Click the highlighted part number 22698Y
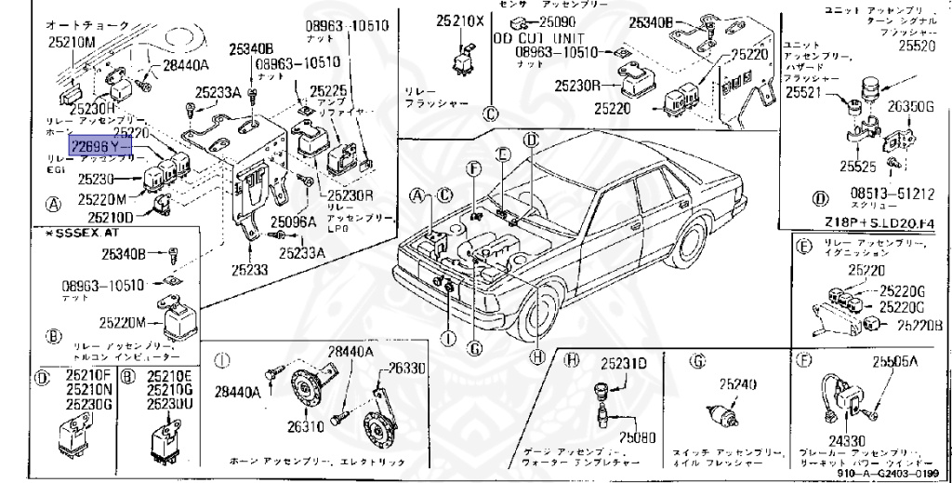point(95,146)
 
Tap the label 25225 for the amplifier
point(327,90)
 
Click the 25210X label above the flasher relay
point(461,20)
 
